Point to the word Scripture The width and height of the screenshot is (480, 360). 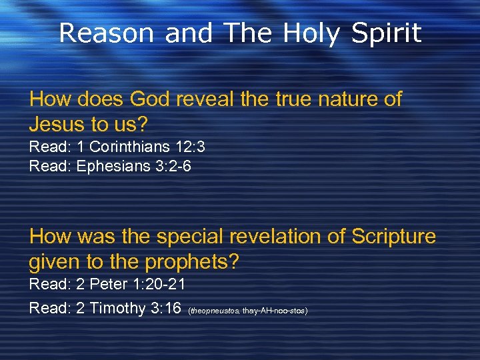[x=393, y=237]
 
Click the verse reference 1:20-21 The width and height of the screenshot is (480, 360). [x=158, y=285]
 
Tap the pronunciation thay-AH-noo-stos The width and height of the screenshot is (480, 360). [x=275, y=311]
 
